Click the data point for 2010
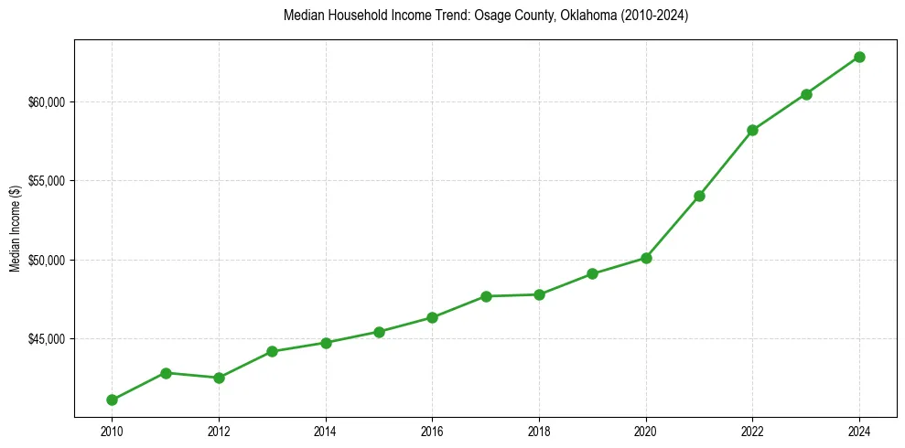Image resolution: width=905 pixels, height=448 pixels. tap(112, 400)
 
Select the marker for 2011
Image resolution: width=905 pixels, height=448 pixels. tap(166, 373)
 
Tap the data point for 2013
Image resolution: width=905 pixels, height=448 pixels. tap(272, 351)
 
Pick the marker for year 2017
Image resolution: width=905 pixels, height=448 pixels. tap(486, 296)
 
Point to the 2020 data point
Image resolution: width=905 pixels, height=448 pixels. tap(646, 258)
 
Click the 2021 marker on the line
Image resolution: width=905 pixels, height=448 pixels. tap(699, 196)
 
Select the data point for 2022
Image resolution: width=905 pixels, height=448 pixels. tap(752, 130)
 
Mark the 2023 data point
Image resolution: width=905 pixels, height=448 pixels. tap(806, 94)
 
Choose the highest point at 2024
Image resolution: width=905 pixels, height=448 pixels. tap(859, 57)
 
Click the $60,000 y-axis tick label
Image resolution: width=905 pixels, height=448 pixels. tap(46, 101)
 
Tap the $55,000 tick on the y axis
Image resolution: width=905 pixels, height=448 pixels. tap(46, 181)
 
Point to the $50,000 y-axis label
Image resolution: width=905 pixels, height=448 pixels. tap(46, 260)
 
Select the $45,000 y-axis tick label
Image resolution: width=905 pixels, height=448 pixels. tap(46, 339)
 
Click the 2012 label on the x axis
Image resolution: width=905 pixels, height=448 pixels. tap(219, 431)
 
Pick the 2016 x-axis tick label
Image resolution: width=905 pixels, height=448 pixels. tap(432, 431)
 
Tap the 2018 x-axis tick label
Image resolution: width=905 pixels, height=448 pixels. tap(539, 431)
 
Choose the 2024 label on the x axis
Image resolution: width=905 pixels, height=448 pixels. tap(859, 431)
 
